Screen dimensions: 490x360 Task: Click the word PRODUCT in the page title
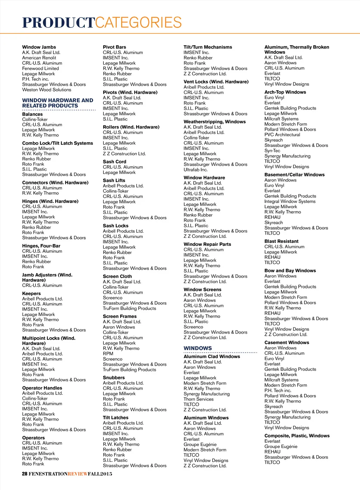coord(58,23)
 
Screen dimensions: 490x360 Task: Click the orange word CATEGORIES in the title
coord(139,23)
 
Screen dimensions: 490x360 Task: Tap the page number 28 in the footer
coord(25,473)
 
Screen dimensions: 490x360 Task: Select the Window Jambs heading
coord(39,47)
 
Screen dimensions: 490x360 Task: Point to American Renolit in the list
coord(39,58)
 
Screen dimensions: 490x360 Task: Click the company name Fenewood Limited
coord(40,68)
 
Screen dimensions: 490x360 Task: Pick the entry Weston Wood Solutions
coord(46,90)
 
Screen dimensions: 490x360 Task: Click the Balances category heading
coord(32,114)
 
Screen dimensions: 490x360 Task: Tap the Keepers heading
coord(31,293)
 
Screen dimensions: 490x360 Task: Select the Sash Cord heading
coord(114,162)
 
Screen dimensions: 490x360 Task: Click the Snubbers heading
coord(114,378)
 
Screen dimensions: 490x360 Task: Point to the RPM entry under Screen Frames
coord(108,354)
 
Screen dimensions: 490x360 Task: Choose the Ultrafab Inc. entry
coord(195,170)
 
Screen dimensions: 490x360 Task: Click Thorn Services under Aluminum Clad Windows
coord(199,399)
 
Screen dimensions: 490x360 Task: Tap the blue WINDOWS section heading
coord(198,348)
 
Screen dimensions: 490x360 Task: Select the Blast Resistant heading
coord(281,241)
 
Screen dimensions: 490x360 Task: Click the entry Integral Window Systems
coord(290,201)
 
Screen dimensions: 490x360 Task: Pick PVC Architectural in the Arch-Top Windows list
coord(282,135)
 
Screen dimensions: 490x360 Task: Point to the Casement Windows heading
coord(287,342)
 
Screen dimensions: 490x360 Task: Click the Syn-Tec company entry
coord(272,151)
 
